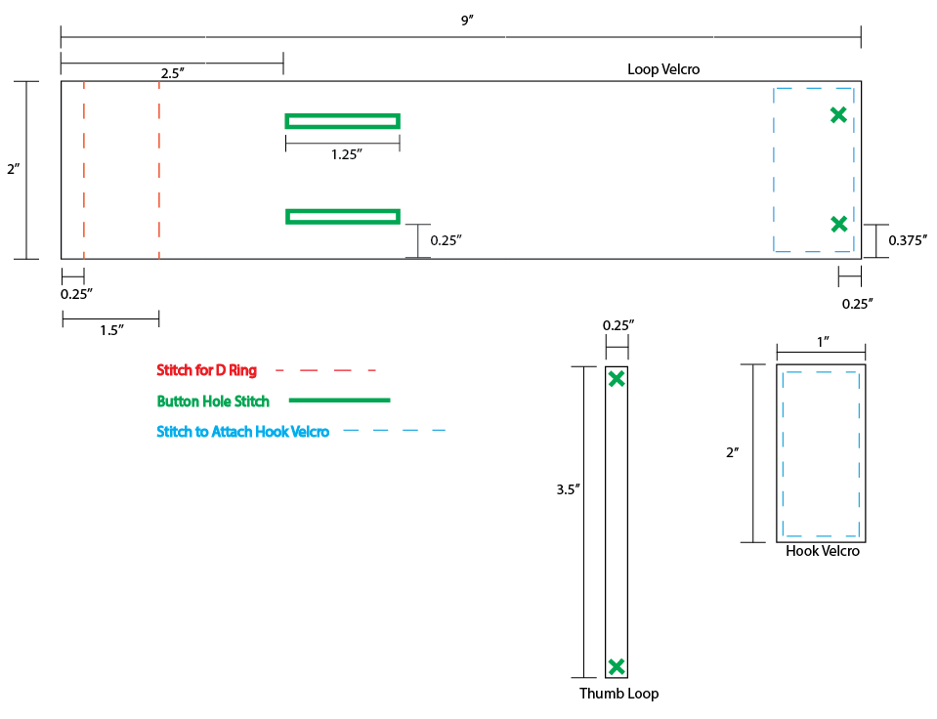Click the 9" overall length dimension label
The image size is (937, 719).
467,21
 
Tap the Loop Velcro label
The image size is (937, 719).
663,69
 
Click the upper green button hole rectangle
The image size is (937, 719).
342,121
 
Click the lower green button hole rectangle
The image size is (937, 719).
342,216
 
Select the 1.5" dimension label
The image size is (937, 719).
111,330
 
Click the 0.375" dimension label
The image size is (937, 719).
908,238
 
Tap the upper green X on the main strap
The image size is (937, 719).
838,114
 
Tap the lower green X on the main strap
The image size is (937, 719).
838,224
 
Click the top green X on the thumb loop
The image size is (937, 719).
617,379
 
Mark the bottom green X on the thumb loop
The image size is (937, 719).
617,667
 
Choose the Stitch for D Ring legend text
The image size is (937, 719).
207,370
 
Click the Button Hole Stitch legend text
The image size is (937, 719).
213,401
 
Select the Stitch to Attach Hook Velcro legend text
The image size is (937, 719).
243,431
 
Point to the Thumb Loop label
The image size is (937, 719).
618,694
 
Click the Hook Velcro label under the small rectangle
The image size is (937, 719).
823,551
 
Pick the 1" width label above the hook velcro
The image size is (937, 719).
822,341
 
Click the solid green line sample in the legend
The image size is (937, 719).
341,401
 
